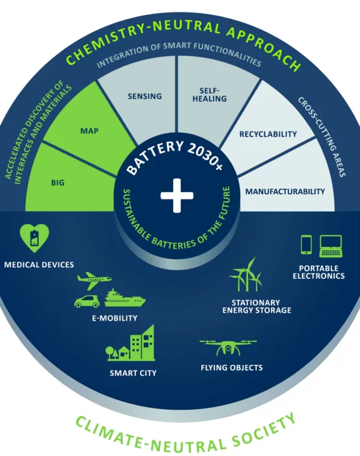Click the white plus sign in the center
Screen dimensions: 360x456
(177, 195)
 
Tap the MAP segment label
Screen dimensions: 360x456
(89, 131)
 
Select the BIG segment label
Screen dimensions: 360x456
(57, 182)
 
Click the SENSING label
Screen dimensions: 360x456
(145, 96)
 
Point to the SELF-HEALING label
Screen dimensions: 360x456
(210, 95)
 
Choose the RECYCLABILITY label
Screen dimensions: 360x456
(268, 134)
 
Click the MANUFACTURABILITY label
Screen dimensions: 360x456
(285, 192)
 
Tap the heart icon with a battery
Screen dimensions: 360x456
(35, 238)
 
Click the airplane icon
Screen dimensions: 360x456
(94, 280)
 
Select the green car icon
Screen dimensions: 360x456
(87, 301)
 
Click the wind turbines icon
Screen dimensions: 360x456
(245, 274)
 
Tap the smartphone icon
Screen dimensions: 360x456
(306, 244)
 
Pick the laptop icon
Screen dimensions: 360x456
(331, 246)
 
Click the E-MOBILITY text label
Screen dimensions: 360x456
(115, 318)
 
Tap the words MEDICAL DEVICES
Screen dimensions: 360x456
(39, 264)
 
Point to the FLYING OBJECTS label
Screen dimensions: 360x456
(232, 367)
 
